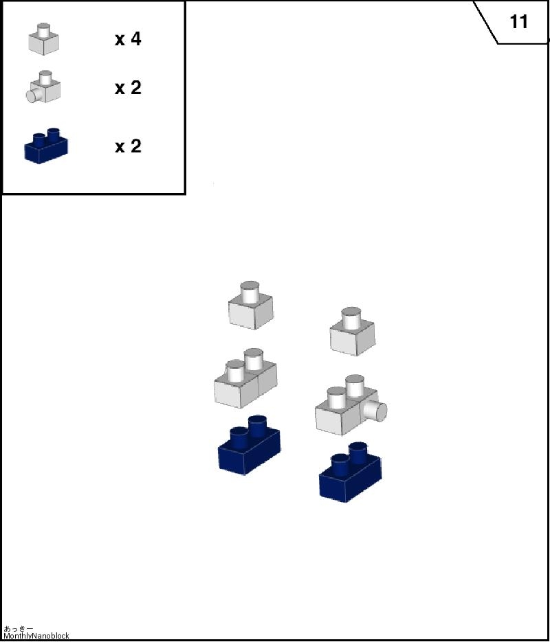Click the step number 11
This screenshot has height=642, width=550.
pyautogui.click(x=518, y=22)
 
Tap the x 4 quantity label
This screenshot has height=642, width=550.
pyautogui.click(x=128, y=39)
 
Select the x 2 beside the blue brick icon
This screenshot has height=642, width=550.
pyautogui.click(x=128, y=146)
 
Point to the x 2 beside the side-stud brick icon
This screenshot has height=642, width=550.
pyautogui.click(x=128, y=88)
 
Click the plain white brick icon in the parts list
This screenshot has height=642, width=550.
pyautogui.click(x=43, y=39)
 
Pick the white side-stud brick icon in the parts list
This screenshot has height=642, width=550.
pyautogui.click(x=43, y=87)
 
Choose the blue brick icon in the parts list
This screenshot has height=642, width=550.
pyautogui.click(x=46, y=146)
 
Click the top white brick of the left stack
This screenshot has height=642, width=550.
pyautogui.click(x=250, y=305)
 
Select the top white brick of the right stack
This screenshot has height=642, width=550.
pyautogui.click(x=352, y=331)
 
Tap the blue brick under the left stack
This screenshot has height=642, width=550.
pyautogui.click(x=249, y=445)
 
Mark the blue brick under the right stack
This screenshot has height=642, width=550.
pyautogui.click(x=350, y=472)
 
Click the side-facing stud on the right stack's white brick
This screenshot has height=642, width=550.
pyautogui.click(x=376, y=411)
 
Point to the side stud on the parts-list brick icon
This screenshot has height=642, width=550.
pyautogui.click(x=32, y=95)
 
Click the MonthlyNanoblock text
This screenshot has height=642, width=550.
pyautogui.click(x=36, y=636)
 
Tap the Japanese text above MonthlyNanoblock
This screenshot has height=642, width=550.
pyautogui.click(x=18, y=628)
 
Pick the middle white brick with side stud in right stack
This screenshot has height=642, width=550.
pyautogui.click(x=351, y=404)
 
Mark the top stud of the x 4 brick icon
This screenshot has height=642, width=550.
pyautogui.click(x=43, y=30)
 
